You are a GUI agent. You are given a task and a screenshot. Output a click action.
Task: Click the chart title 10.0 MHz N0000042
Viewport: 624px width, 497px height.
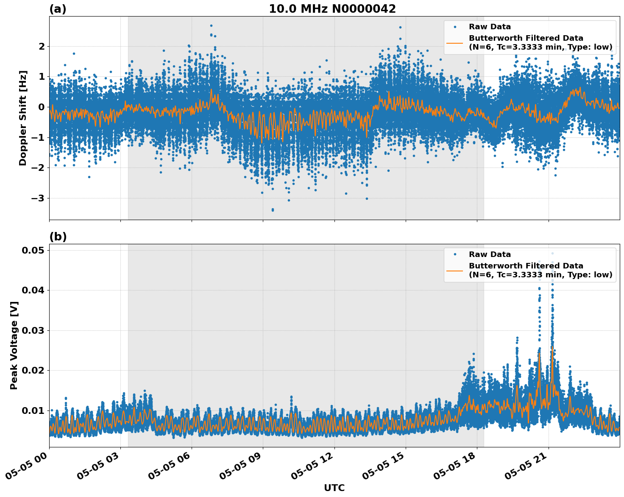coord(332,9)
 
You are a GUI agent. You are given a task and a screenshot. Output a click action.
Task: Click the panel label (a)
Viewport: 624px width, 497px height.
coord(58,9)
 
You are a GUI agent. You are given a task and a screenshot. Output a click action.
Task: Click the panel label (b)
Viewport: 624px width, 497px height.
coord(58,237)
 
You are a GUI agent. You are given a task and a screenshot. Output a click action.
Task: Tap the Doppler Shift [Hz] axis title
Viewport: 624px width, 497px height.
coord(23,118)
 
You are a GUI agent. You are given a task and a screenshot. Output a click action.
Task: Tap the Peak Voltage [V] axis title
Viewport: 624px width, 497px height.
coord(14,345)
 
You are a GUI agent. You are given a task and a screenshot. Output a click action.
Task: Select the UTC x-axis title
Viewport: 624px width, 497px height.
coord(334,488)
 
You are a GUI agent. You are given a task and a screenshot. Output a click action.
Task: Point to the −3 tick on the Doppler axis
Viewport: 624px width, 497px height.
coord(39,198)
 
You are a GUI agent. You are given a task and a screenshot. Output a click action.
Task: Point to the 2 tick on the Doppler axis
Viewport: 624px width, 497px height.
coord(42,46)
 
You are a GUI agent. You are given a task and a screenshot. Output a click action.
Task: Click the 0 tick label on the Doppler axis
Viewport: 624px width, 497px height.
coord(42,107)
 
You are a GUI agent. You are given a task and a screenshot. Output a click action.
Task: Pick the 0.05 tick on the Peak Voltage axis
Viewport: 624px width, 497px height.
coord(33,251)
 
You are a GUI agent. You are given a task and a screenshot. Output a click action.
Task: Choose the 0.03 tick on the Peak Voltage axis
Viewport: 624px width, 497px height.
coord(33,330)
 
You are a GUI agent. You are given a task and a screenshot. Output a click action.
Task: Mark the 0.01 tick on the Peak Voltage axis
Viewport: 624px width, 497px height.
coord(33,410)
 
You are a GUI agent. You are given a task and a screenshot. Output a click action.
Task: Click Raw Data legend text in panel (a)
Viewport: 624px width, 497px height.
coord(490,27)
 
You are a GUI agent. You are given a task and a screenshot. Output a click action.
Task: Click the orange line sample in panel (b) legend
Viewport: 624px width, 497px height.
coord(455,270)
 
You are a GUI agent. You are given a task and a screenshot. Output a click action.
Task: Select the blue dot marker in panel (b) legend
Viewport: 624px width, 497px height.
coord(455,254)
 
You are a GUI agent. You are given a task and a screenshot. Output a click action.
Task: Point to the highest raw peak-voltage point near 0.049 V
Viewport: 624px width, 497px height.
coord(552,253)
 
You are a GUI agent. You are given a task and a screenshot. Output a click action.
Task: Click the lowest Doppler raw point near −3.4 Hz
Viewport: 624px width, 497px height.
coord(273,210)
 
